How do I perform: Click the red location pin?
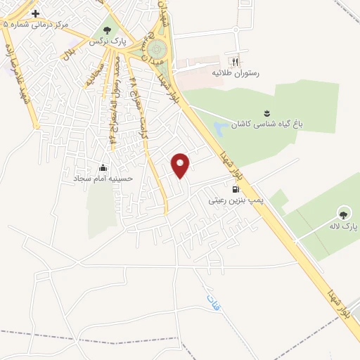pos(181,165)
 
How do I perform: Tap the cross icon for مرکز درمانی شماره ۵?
pos(35,13)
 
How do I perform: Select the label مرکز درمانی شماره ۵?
pos(36,24)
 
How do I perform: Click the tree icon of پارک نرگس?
pos(107,30)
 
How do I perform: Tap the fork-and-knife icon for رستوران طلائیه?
pos(234,61)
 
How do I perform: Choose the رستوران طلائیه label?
pos(234,72)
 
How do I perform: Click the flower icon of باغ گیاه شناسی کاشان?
pos(266,112)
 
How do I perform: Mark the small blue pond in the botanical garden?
pos(220,129)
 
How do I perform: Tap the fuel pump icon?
pos(235,188)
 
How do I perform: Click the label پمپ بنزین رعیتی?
pos(236,200)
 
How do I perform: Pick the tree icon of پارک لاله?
pos(344,214)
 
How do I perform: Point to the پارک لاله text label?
pos(344,226)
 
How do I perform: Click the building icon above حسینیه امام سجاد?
pos(104,167)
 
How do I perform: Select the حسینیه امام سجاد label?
pos(104,179)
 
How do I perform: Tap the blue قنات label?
pos(210,304)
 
